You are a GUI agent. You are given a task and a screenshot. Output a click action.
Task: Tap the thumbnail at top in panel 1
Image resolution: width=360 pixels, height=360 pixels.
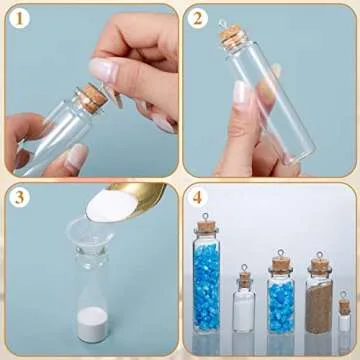coord(102,69)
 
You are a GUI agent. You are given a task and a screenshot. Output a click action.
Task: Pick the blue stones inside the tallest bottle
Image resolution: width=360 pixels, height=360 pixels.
coord(207,285)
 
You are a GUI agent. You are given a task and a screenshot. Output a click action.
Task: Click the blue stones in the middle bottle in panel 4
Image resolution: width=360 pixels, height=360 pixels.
coord(282,305)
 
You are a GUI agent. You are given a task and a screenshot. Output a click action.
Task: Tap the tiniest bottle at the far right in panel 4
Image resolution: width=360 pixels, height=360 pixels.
coord(345,317)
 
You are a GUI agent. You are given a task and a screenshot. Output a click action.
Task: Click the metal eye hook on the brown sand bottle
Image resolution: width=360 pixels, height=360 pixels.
coord(319,256)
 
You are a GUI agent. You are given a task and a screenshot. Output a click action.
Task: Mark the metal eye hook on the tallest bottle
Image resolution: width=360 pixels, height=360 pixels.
coord(207,215)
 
